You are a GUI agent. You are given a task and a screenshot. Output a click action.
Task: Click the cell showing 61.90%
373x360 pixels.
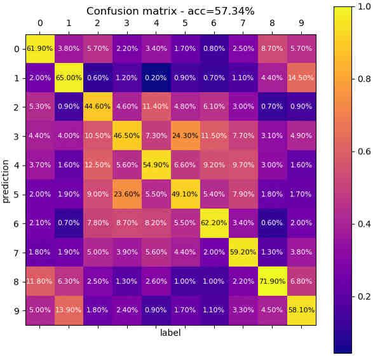(40, 49)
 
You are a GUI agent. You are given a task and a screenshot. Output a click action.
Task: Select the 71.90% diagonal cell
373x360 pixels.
(272, 281)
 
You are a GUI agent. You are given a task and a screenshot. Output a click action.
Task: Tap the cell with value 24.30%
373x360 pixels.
(185, 136)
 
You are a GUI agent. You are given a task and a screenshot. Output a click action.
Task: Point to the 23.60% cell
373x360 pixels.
(127, 194)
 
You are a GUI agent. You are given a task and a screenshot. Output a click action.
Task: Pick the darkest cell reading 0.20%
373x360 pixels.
(156, 78)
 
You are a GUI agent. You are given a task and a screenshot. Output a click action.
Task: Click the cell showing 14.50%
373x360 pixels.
(301, 78)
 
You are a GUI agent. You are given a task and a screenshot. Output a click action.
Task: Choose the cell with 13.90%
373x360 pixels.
(69, 310)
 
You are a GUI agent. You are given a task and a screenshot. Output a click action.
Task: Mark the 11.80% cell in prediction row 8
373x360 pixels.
(40, 281)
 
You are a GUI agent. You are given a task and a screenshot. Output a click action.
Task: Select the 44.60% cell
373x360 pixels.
(98, 107)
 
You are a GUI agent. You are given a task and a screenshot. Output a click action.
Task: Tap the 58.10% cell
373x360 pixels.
(301, 310)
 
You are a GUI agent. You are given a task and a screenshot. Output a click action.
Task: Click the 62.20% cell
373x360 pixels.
(214, 223)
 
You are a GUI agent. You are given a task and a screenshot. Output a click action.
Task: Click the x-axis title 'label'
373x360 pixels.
(170, 333)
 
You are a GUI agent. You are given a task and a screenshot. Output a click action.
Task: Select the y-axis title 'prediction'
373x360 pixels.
(6, 180)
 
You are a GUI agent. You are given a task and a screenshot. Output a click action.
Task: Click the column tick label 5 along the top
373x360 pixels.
(185, 23)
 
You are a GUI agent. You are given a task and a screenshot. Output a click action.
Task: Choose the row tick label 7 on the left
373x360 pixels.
(17, 252)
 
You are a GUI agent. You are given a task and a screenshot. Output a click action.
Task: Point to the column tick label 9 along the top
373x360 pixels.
(301, 23)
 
